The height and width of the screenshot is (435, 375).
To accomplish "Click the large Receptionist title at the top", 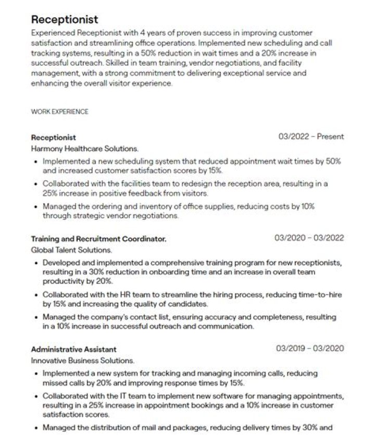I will click(65, 20).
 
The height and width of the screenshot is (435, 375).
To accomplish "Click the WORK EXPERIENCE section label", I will click(59, 111).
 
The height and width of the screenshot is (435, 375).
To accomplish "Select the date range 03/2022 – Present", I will click(311, 137).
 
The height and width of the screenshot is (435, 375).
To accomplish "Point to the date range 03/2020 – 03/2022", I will click(309, 238).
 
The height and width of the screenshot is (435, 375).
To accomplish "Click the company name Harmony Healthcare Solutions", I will click(84, 148).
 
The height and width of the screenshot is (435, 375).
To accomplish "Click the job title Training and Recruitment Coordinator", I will click(99, 239).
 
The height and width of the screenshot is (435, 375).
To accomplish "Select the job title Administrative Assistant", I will click(73, 349).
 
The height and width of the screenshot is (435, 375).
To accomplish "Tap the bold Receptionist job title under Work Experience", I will click(53, 138).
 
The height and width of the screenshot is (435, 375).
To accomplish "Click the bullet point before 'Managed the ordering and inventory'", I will click(35, 207).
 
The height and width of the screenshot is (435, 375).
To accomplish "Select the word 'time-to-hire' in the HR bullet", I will click(319, 295).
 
